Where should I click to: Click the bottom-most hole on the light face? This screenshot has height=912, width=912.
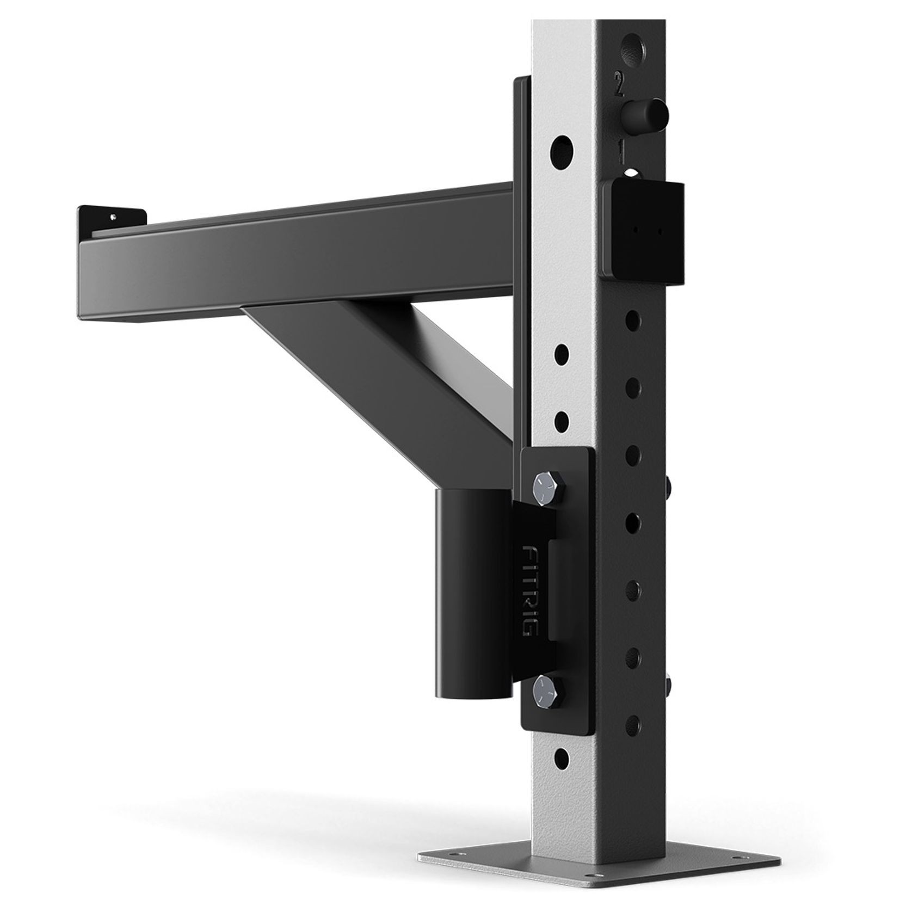[562, 757]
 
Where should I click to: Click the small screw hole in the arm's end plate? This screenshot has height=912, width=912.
[113, 216]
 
